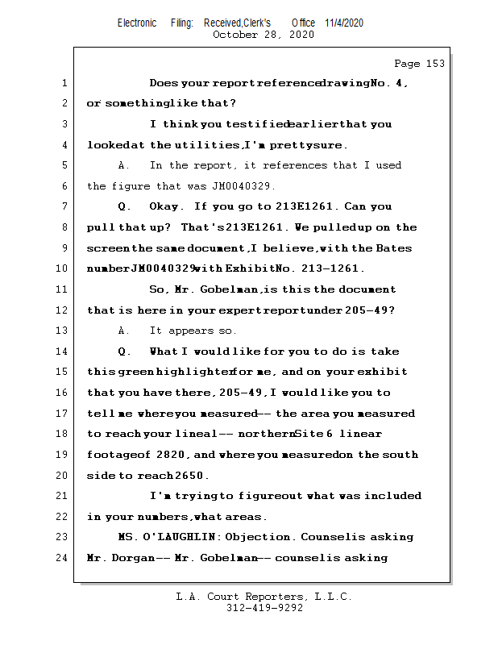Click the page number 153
point(431,64)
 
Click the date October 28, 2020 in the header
point(263,35)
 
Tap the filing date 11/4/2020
point(344,23)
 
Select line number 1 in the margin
point(64,83)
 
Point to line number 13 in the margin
point(61,331)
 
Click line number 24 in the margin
point(61,558)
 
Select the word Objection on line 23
point(254,537)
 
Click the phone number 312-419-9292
point(264,608)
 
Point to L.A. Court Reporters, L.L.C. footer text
point(264,597)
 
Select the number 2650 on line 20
point(196,476)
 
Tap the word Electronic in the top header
point(137,23)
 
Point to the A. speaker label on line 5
point(123,166)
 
